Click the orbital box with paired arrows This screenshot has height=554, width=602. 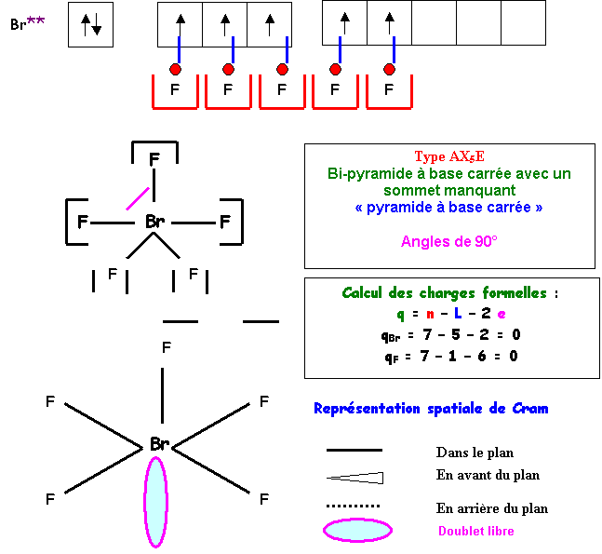click(90, 25)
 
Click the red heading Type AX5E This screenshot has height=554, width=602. click(449, 156)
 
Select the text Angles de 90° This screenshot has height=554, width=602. click(449, 242)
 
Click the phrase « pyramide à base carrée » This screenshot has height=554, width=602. click(449, 208)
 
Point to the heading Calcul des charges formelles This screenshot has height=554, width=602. click(450, 293)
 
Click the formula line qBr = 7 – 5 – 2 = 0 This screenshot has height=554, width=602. click(450, 335)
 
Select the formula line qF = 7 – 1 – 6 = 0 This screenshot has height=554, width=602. click(450, 357)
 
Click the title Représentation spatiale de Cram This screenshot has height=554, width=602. click(431, 409)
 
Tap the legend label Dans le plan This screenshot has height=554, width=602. click(475, 453)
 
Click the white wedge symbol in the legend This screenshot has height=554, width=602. click(355, 478)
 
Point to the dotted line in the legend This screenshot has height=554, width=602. click(354, 507)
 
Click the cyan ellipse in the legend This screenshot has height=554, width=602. click(356, 531)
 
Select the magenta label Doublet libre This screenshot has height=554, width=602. click(475, 532)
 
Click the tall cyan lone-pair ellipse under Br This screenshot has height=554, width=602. click(155, 501)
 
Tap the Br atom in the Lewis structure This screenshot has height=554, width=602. click(155, 223)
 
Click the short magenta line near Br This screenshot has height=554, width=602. click(138, 197)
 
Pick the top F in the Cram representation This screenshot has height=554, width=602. click(166, 347)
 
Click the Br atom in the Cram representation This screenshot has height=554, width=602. click(159, 445)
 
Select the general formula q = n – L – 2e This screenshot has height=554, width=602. click(450, 314)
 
